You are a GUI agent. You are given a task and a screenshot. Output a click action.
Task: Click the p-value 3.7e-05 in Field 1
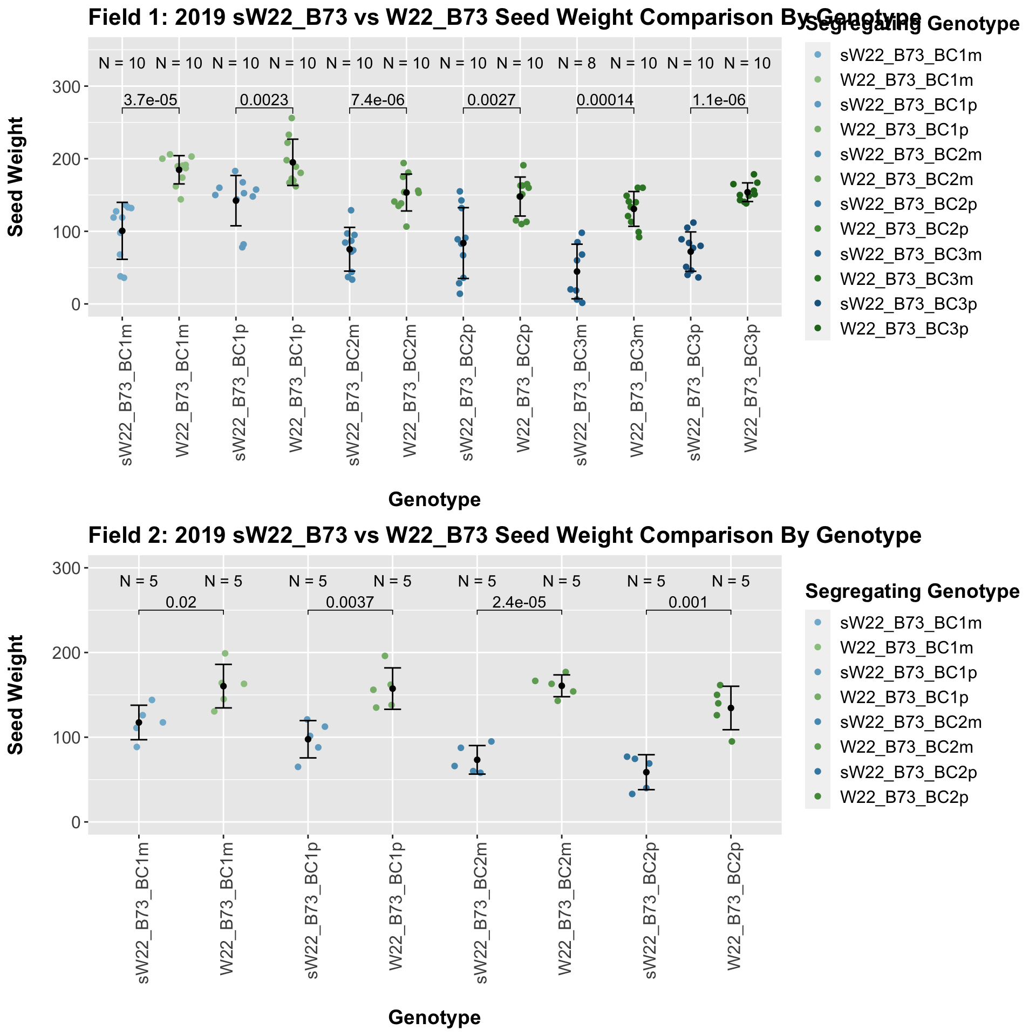[x=151, y=100]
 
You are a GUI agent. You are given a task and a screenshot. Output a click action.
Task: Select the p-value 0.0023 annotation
[x=264, y=100]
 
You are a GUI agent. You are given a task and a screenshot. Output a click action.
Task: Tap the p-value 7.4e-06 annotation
[x=378, y=100]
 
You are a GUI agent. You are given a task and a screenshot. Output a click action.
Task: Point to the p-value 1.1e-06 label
[x=719, y=100]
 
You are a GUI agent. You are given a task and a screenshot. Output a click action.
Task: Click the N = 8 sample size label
[x=577, y=64]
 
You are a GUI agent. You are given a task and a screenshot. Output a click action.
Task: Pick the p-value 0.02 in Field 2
[x=181, y=602]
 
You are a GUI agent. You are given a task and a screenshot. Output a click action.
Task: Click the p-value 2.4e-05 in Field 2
[x=519, y=602]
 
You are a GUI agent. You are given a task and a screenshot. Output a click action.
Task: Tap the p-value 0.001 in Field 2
[x=688, y=602]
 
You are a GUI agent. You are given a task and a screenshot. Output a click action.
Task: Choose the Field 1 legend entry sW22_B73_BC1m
[x=910, y=54]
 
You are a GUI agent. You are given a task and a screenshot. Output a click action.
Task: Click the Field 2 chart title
[x=505, y=535]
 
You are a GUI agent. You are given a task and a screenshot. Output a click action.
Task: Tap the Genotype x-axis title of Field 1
[x=434, y=500]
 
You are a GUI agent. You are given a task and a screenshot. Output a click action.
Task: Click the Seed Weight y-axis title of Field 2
[x=16, y=695]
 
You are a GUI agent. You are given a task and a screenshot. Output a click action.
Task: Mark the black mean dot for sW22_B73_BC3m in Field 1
[x=577, y=271]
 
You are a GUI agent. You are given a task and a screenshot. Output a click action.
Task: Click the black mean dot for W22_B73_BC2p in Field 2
[x=731, y=708]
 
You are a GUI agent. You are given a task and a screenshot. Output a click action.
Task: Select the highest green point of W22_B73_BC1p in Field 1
[x=291, y=118]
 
